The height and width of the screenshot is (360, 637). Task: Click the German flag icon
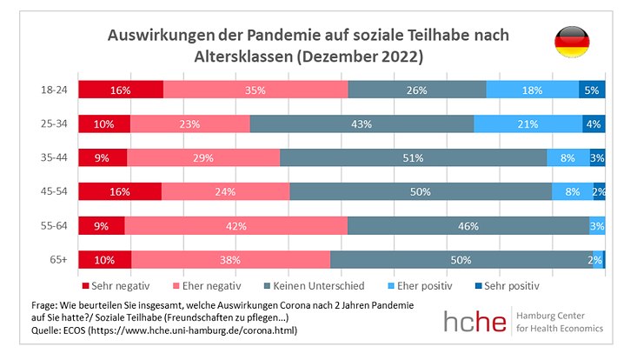point(573,43)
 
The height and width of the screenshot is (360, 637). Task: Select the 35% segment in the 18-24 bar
point(255,90)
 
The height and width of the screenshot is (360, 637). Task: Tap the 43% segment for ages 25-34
point(362,123)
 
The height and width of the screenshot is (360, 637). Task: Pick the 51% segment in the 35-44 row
point(413,157)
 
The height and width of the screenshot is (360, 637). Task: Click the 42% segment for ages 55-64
point(236,226)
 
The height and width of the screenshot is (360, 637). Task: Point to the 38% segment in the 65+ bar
point(230,260)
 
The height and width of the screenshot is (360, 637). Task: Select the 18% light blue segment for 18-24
point(532,90)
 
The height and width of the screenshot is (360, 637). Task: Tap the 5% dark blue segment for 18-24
point(592,90)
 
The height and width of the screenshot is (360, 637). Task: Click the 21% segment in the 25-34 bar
point(528,123)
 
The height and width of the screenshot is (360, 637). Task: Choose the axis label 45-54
point(55,192)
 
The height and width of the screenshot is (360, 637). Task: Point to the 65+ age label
point(59,260)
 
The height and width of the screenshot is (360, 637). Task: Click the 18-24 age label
point(55,90)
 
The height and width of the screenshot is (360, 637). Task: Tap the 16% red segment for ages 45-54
point(119,192)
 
